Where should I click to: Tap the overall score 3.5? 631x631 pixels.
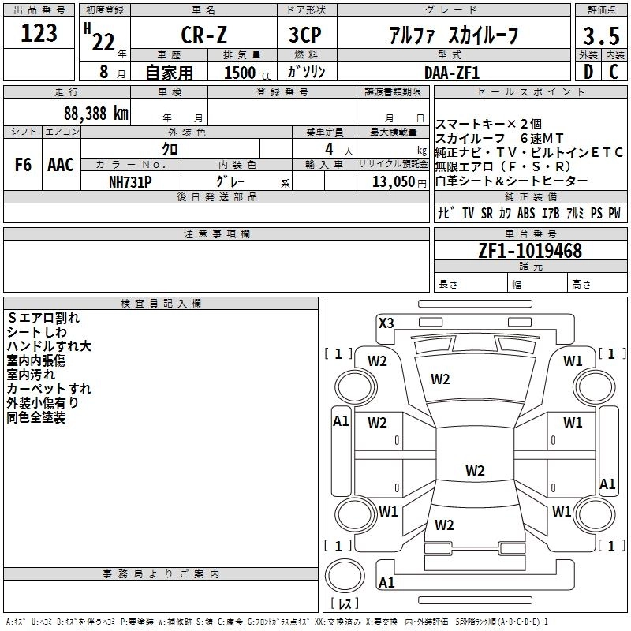tap(599, 35)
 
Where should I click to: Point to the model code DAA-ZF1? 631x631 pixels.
tap(452, 72)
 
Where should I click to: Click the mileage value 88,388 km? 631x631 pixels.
tap(95, 113)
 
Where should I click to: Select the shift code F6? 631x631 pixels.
tap(23, 164)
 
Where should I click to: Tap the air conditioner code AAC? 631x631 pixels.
tap(60, 164)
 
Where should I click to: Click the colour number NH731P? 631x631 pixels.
tap(131, 181)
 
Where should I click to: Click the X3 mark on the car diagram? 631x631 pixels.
tap(386, 323)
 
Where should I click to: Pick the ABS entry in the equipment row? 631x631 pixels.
tap(526, 213)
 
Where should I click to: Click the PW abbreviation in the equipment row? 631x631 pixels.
tap(614, 213)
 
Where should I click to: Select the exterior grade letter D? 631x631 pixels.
tap(587, 72)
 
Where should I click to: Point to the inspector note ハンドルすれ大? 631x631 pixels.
tap(49, 346)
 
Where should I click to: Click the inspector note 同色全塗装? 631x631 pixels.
tap(36, 417)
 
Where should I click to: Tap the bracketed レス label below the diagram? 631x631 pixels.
tap(344, 604)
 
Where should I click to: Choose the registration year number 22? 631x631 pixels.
tap(103, 41)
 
